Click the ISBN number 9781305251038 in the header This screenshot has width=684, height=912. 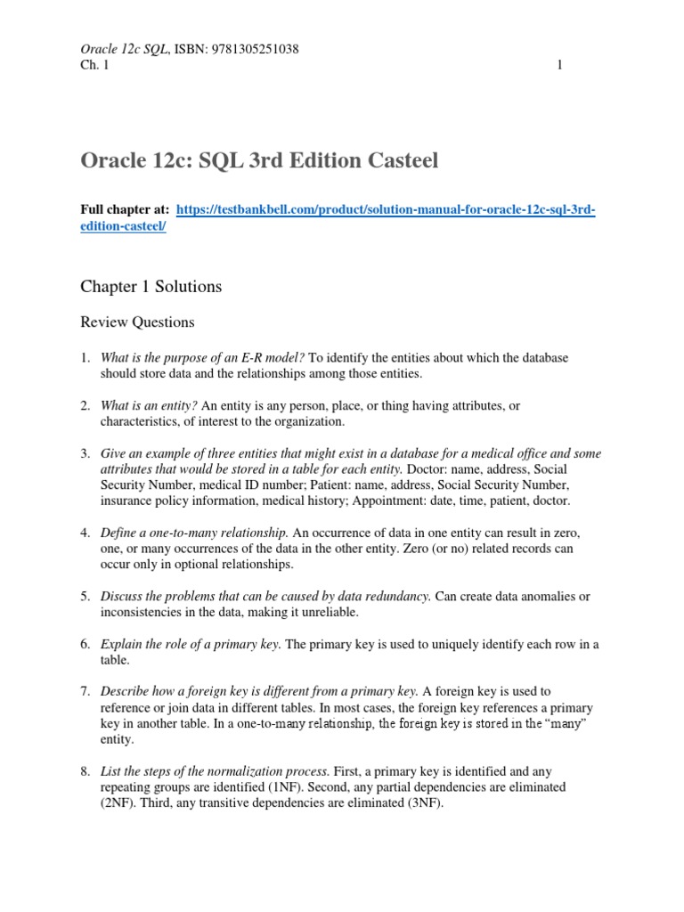(253, 49)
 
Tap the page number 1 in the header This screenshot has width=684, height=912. (560, 65)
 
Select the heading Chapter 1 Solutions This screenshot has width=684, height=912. (151, 287)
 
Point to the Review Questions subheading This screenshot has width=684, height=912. (137, 322)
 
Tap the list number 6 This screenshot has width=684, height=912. (85, 644)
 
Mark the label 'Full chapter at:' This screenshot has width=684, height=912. (125, 210)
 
